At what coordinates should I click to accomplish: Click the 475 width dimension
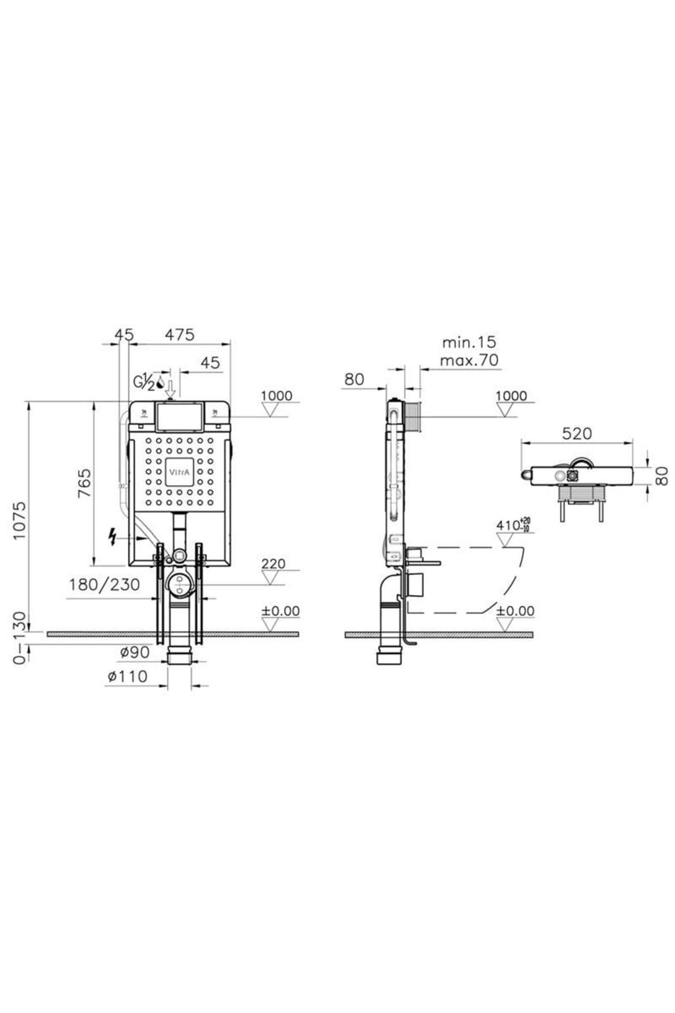[x=179, y=334]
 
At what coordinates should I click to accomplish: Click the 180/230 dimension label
[x=104, y=585]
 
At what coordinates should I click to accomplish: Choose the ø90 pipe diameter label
[x=135, y=652]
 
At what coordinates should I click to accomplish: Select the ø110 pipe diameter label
[x=128, y=676]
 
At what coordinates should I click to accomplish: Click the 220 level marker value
[x=273, y=563]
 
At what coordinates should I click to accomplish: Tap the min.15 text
[x=469, y=342]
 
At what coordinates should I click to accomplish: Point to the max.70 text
[x=469, y=360]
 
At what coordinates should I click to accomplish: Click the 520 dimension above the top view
[x=577, y=433]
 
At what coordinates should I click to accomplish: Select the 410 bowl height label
[x=513, y=525]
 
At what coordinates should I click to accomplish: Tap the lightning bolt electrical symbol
[x=114, y=537]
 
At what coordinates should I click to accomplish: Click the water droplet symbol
[x=160, y=384]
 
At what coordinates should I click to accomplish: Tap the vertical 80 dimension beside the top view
[x=664, y=476]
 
